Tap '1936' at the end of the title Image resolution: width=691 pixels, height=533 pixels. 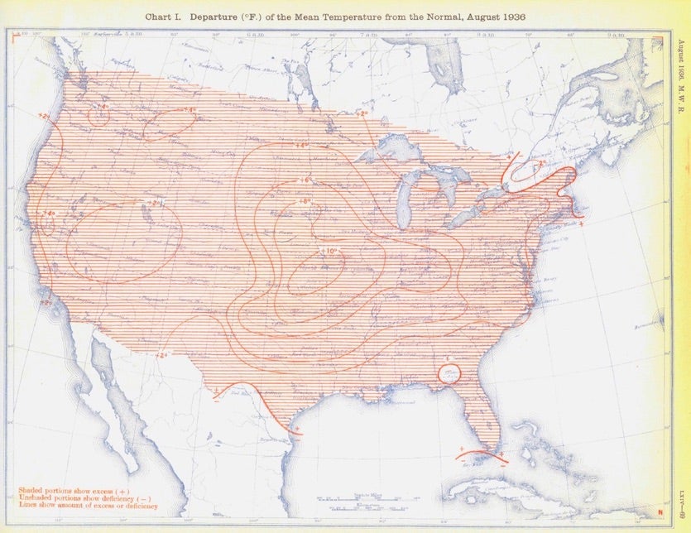coord(514,17)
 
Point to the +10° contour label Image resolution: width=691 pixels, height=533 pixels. coord(326,251)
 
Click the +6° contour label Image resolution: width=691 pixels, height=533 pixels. coord(303,180)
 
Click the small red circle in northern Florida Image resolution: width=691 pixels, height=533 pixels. coord(449,373)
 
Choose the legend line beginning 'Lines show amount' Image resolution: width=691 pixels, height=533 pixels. coord(87,506)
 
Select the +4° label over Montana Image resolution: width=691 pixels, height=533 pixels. coord(191,109)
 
